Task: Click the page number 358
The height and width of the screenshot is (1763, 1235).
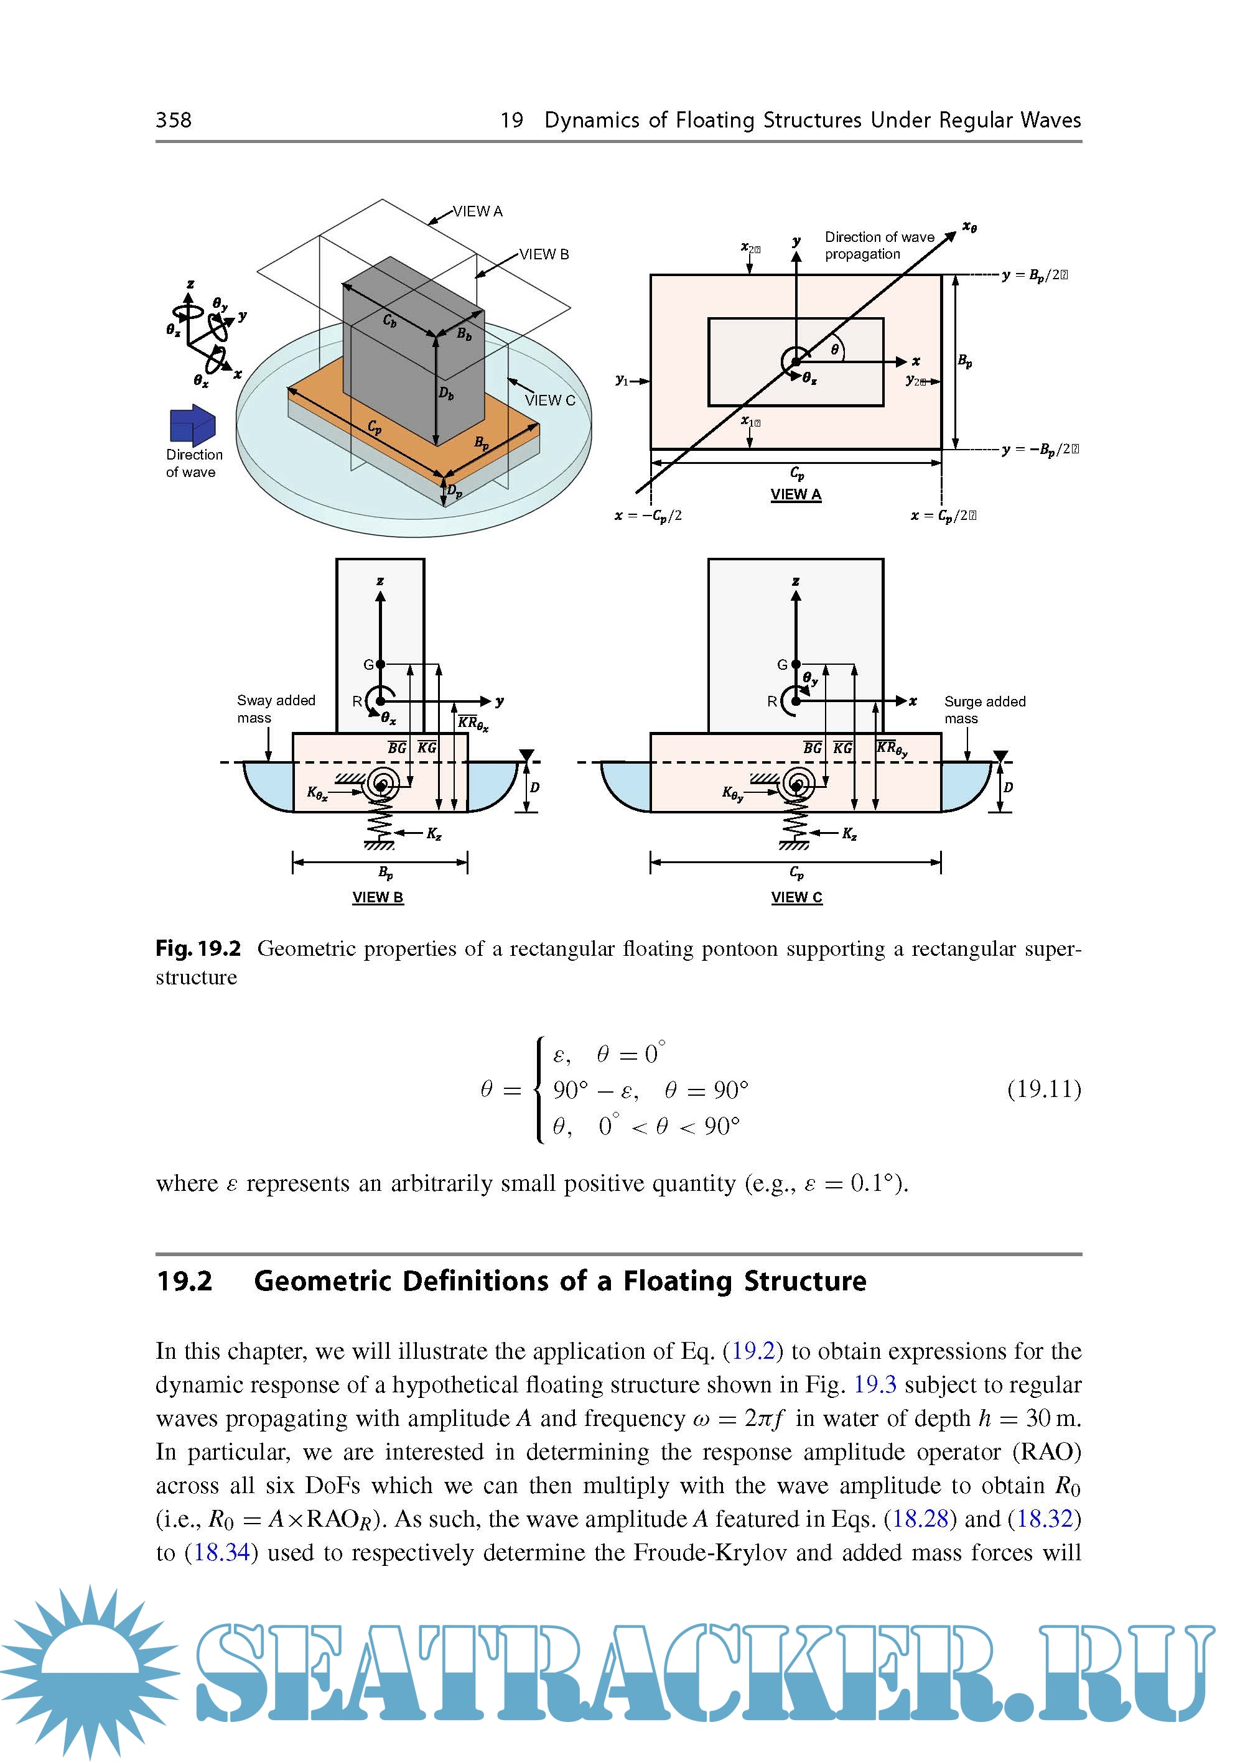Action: point(174,120)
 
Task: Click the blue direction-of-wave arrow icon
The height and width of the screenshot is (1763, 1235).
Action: point(192,425)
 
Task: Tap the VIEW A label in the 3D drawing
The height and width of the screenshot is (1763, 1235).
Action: point(477,211)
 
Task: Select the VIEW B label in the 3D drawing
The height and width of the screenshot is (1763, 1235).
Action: point(544,254)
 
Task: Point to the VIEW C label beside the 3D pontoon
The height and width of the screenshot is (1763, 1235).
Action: point(550,400)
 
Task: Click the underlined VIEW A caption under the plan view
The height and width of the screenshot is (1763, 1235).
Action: point(796,494)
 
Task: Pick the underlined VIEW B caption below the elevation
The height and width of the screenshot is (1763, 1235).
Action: point(378,897)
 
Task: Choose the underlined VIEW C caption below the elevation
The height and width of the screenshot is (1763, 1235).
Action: point(796,897)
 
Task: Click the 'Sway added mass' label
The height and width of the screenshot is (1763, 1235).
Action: point(276,709)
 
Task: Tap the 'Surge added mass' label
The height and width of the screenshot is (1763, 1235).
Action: point(985,710)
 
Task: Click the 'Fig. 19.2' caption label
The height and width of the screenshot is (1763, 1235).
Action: point(198,948)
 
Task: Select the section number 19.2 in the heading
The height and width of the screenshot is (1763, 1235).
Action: point(184,1282)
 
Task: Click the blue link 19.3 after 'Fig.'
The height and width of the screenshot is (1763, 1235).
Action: point(875,1384)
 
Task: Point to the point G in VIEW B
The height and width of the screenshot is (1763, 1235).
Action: point(380,664)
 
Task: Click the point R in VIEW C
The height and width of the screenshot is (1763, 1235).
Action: point(796,700)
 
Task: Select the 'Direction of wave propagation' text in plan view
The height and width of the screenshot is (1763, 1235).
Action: point(878,246)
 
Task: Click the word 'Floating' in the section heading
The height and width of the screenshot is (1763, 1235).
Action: point(678,1282)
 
